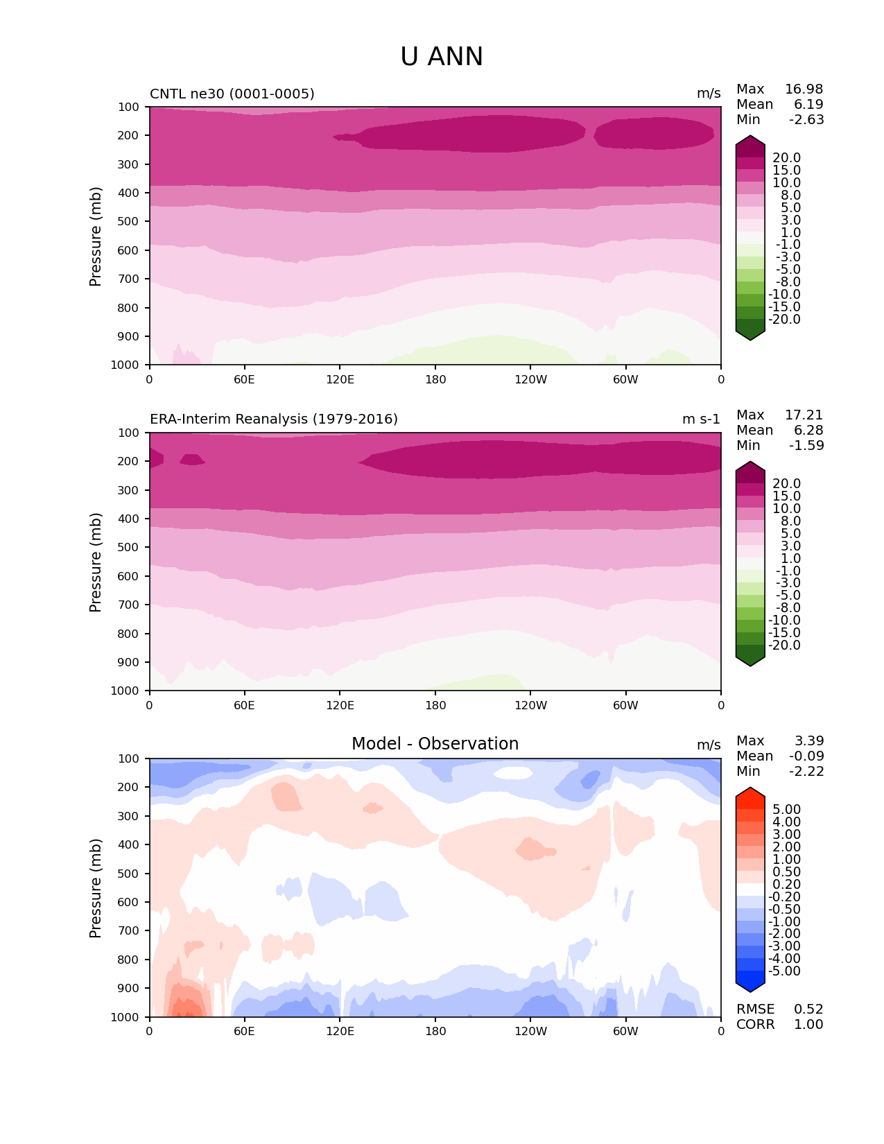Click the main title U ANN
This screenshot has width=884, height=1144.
(442, 57)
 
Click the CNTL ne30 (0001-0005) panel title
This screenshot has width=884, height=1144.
(232, 94)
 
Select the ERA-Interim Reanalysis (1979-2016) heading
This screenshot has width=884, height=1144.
(274, 419)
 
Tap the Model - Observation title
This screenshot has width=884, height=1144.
(435, 744)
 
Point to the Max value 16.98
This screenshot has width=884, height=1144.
(804, 89)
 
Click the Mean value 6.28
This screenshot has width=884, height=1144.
(808, 431)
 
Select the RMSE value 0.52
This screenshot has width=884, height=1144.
(808, 1009)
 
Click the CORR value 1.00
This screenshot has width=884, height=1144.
(808, 1025)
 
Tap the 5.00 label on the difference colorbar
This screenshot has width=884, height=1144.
(786, 810)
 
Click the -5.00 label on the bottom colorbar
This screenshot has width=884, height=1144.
(784, 971)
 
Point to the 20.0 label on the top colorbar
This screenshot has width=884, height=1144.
(786, 158)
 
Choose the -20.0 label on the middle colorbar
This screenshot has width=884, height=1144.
(784, 645)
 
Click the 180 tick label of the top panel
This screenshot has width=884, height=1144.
(435, 379)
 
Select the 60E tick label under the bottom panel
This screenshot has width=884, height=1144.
(244, 1032)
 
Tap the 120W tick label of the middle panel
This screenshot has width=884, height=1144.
(530, 705)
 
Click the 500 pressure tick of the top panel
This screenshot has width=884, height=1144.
(129, 222)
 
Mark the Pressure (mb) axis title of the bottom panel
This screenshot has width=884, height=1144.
(96, 888)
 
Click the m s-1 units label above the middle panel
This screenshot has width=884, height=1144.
(701, 419)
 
